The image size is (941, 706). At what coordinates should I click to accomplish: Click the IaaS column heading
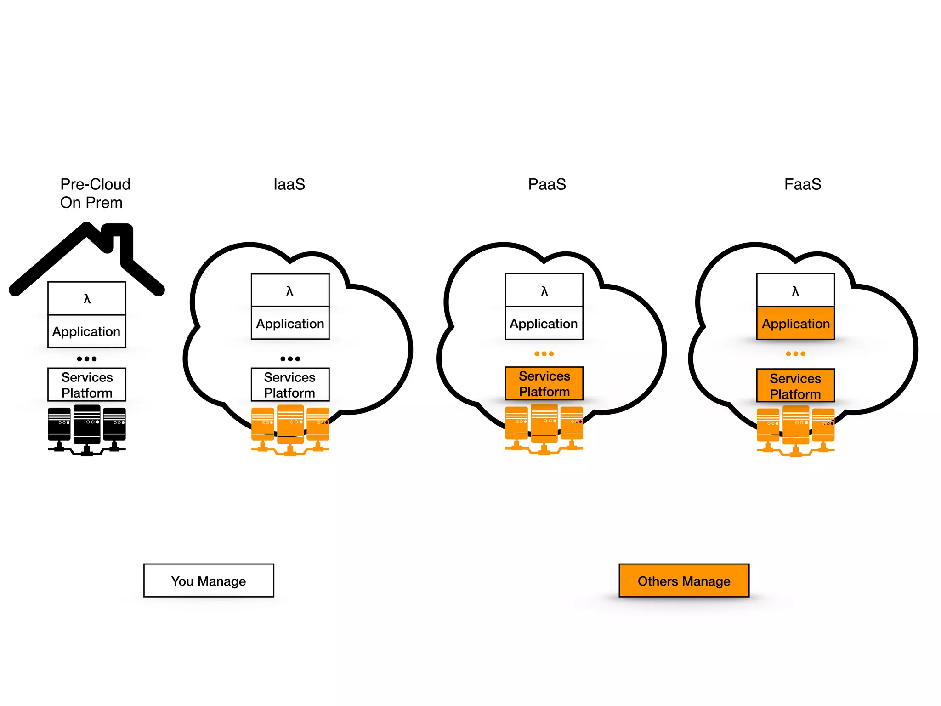(289, 184)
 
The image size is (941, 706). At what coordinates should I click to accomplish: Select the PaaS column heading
(547, 184)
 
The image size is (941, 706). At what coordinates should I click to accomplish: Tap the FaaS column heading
(802, 184)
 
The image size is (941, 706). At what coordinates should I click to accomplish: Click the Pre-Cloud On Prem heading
(95, 194)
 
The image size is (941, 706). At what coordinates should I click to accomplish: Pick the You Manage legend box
(209, 581)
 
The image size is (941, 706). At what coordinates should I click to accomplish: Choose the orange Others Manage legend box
(684, 581)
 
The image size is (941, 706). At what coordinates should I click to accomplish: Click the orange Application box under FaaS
(795, 324)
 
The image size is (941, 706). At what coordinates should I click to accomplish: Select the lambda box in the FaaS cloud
(795, 290)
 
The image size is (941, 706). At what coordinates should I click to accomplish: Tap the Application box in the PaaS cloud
(544, 324)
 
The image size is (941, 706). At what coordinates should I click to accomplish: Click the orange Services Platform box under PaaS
(544, 384)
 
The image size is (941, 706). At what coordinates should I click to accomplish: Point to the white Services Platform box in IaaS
(290, 385)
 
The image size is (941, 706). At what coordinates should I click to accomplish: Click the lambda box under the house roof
(87, 299)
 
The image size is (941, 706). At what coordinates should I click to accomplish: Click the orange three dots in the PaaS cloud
(544, 354)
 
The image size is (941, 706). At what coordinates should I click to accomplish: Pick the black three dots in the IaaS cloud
(290, 359)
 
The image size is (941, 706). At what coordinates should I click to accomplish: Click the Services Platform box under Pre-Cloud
(87, 385)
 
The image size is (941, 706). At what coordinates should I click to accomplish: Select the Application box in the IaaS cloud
(290, 324)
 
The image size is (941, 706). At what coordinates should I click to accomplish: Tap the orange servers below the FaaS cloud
(795, 431)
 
